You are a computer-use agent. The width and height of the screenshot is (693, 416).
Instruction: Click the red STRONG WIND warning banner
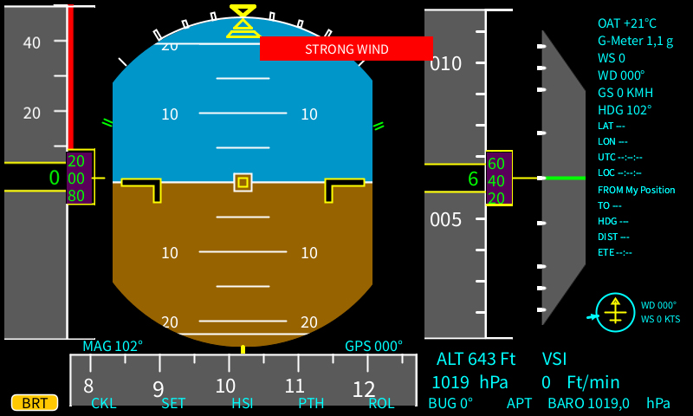(x=346, y=49)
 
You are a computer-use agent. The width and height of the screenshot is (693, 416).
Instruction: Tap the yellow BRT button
(x=35, y=402)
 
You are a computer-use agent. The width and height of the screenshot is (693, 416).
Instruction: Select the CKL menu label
(x=103, y=403)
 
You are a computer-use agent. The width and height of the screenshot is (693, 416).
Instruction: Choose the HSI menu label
(x=242, y=403)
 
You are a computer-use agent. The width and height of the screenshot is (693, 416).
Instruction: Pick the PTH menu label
(x=311, y=403)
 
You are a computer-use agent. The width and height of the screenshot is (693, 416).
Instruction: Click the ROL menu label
(x=381, y=403)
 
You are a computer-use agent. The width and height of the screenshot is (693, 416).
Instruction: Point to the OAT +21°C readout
(x=627, y=23)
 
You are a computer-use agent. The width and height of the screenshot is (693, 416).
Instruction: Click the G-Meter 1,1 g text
(x=635, y=41)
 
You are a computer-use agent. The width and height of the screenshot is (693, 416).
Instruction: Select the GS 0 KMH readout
(x=625, y=93)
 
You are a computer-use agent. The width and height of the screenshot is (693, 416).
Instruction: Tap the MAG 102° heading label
(x=113, y=346)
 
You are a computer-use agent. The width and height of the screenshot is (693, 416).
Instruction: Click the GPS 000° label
(x=373, y=346)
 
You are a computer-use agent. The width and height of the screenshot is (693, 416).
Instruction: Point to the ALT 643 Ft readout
(x=476, y=359)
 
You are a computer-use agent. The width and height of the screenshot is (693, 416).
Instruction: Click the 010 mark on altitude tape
(x=446, y=63)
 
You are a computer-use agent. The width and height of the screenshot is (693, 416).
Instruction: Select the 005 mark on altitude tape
(x=446, y=219)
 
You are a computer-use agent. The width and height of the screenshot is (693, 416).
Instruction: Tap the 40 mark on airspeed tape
(x=31, y=42)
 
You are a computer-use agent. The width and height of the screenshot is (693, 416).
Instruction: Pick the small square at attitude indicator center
(x=243, y=182)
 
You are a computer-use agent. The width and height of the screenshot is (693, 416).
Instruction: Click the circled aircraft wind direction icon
(x=616, y=312)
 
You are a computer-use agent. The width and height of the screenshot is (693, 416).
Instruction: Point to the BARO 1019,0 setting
(x=609, y=403)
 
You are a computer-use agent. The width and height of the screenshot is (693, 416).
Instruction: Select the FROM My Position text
(x=636, y=190)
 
